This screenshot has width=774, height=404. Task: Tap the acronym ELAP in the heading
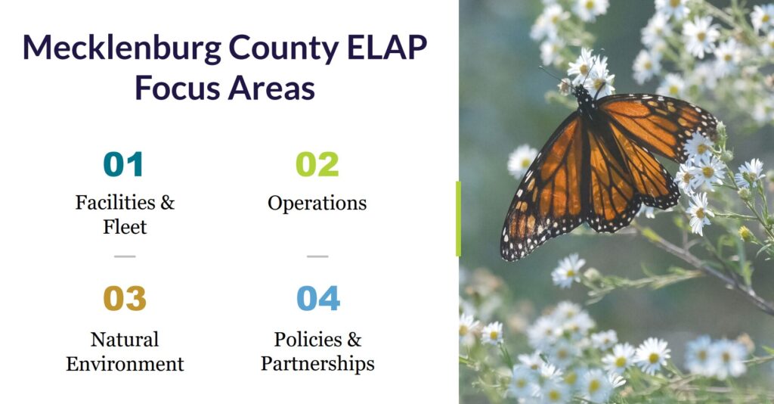387,48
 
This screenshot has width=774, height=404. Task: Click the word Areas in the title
271,89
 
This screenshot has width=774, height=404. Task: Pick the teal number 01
123,164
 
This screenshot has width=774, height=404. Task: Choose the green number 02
317,164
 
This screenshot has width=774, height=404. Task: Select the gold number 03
125,298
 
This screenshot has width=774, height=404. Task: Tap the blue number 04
318,298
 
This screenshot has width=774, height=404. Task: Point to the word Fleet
125,227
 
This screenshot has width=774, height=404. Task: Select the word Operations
317,204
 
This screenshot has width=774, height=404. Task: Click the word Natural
125,339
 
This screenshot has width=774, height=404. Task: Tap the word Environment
125,364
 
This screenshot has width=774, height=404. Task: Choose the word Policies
308,339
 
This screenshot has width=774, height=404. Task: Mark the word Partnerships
318,365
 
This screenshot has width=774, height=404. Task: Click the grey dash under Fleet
125,256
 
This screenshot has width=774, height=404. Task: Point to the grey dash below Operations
317,256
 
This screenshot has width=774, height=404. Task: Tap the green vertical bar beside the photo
458,219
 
